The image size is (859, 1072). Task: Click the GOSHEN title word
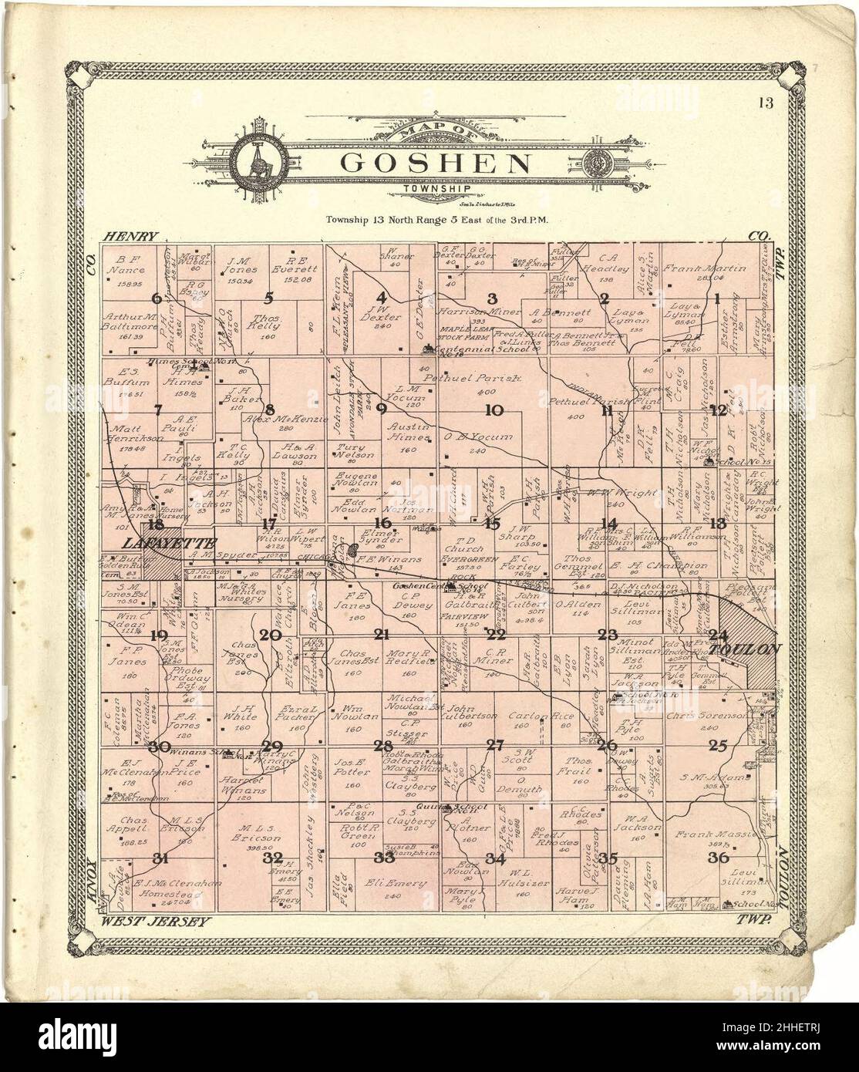pyautogui.click(x=436, y=163)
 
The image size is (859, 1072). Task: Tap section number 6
pyautogui.click(x=158, y=298)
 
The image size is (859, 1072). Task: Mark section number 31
pyautogui.click(x=160, y=858)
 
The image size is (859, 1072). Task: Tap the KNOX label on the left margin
pyautogui.click(x=91, y=877)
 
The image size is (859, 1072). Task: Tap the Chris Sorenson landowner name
pyautogui.click(x=710, y=716)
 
